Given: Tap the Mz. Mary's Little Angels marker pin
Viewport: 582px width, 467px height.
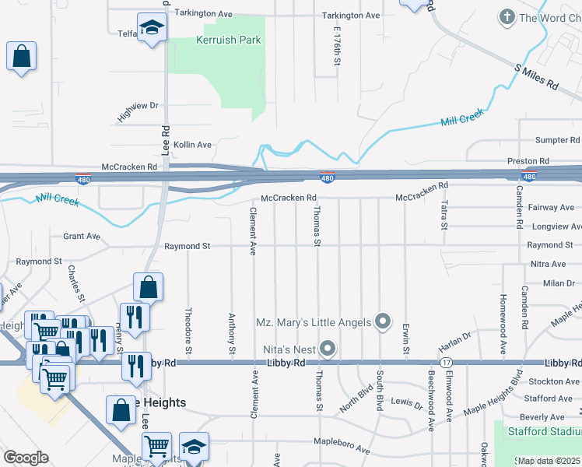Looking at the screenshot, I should (x=383, y=321).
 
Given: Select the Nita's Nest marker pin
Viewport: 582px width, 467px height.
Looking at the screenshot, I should (x=328, y=349).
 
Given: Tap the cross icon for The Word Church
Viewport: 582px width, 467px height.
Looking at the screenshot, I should (x=507, y=16).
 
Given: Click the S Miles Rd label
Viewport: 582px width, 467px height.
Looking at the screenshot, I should (x=537, y=76).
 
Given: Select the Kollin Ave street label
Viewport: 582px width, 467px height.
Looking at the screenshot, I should (x=192, y=145).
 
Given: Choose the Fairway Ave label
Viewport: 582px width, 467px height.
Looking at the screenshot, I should (x=552, y=208).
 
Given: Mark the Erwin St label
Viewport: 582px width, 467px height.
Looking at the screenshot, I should (x=405, y=339).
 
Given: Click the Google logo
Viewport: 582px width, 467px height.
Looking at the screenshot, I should (x=26, y=458).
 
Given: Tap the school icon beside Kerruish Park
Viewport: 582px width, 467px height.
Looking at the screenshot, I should (x=153, y=28).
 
